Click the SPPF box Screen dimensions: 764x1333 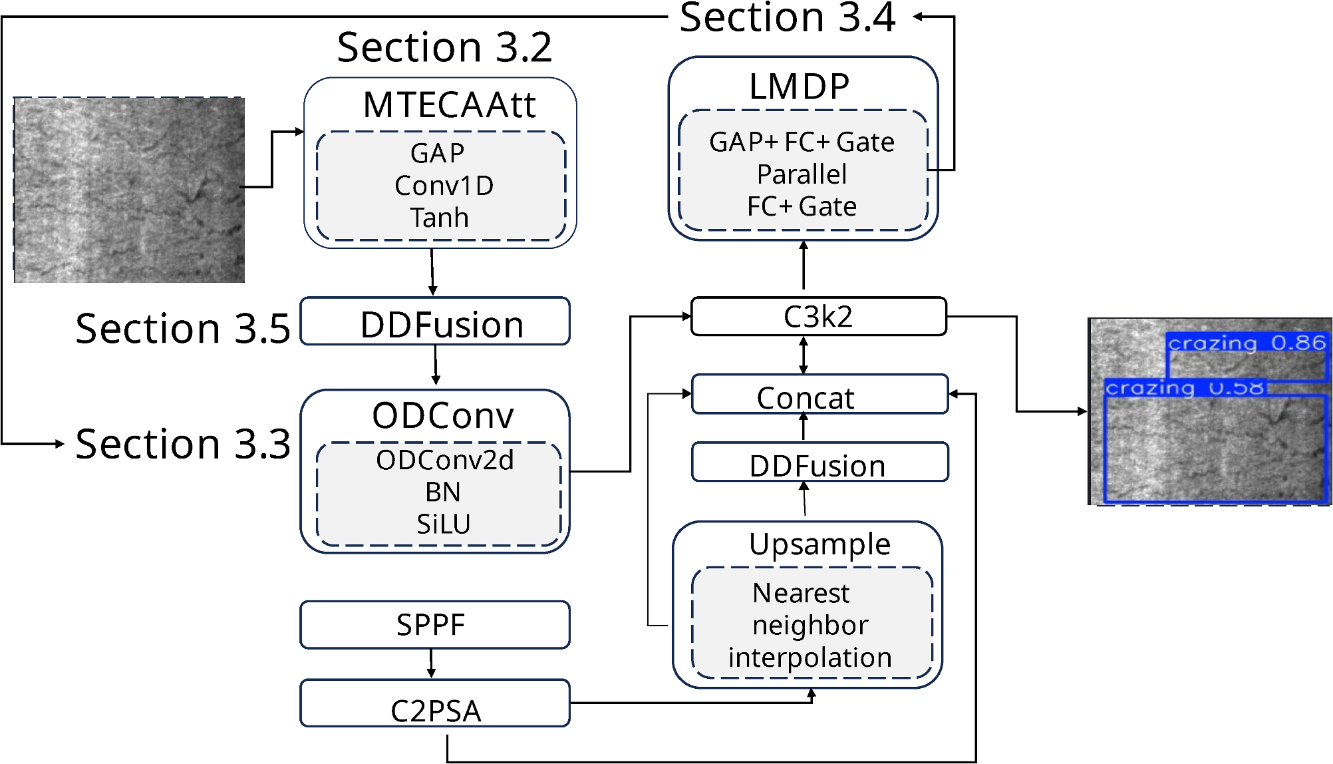(x=434, y=624)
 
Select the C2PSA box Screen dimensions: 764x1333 (x=434, y=703)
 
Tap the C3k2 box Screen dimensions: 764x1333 (x=818, y=317)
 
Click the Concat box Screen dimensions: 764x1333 (x=819, y=395)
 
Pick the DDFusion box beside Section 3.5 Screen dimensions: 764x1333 (x=434, y=321)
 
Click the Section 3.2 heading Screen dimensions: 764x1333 (x=444, y=48)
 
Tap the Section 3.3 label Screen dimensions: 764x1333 (x=183, y=444)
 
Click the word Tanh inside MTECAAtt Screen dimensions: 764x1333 (x=439, y=218)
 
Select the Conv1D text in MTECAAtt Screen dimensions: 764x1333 (x=444, y=186)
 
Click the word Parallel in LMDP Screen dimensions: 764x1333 (x=802, y=174)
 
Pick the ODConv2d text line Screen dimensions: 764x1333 (x=444, y=460)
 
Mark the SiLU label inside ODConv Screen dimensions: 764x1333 (x=443, y=524)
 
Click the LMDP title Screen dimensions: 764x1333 (x=799, y=87)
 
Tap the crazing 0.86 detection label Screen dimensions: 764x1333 (x=1247, y=343)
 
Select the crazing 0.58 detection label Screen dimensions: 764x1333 (x=1184, y=387)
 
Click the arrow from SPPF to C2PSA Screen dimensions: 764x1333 (x=432, y=664)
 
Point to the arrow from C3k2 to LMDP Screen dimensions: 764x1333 (x=804, y=266)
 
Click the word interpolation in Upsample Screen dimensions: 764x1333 (x=810, y=657)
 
